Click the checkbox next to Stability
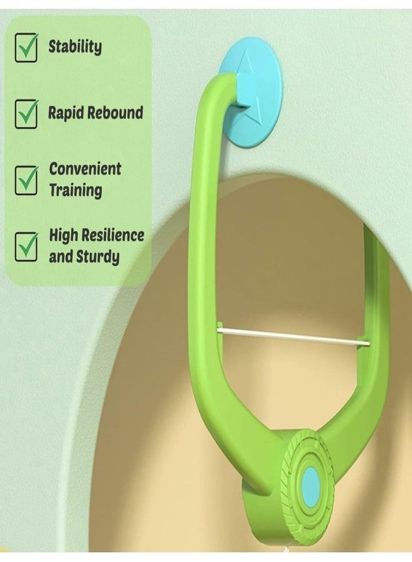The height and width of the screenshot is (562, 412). point(26,47)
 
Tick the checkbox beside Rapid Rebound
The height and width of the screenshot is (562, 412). point(26,114)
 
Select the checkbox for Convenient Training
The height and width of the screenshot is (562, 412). point(26,180)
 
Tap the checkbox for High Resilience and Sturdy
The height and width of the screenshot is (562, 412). point(26,247)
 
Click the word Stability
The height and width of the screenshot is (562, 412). point(76,47)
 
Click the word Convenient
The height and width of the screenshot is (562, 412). point(86,169)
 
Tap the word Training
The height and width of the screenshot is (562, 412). point(76,190)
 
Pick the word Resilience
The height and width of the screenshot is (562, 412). point(113,235)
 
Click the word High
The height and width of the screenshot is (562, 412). point(64,235)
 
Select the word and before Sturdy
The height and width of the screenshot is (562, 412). point(61,257)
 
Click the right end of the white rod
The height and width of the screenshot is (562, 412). point(368,344)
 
